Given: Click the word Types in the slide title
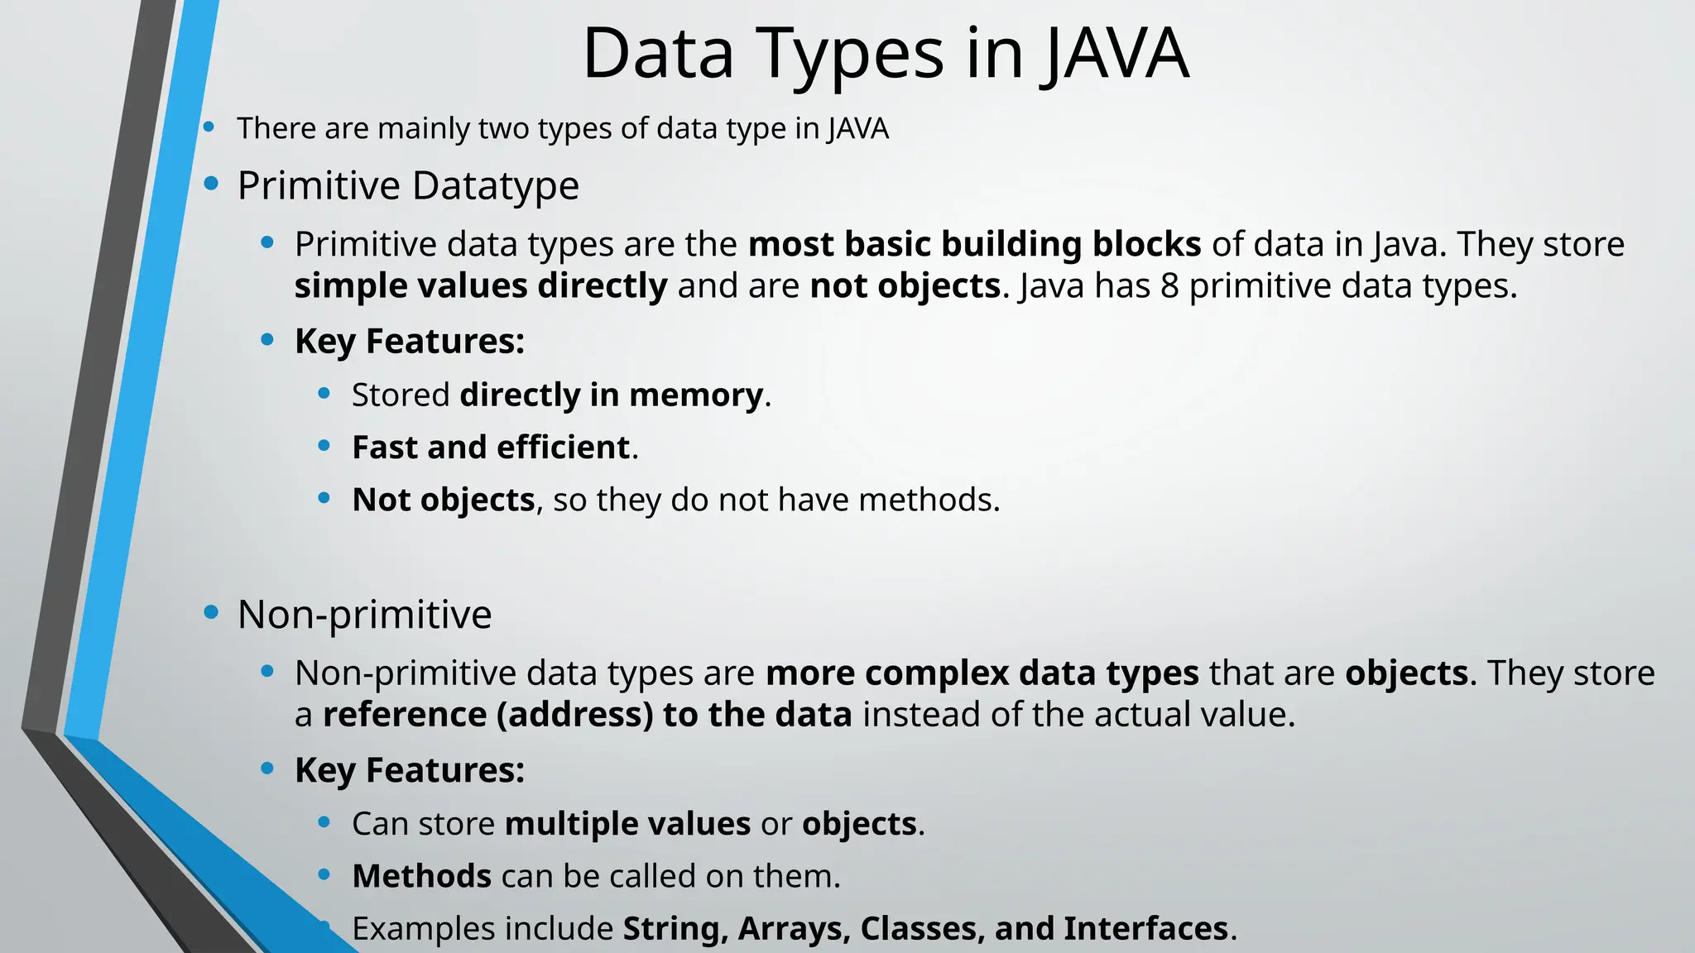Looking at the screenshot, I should pos(852,54).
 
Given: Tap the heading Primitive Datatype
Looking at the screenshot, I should pos(408,185).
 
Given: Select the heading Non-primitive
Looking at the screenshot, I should pos(364,614).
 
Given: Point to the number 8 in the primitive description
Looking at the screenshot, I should pos(1169,286).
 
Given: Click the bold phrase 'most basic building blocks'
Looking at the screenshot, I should pos(974,245).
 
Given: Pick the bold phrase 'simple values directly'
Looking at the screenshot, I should pos(480,286).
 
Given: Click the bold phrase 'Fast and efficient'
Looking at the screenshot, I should pos(491,448).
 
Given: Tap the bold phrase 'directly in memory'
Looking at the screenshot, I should pos(611,395).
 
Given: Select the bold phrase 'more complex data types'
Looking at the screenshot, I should pos(982,673).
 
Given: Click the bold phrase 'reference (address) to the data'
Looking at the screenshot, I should pos(587,715).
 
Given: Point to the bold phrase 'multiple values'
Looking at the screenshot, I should pos(627,824).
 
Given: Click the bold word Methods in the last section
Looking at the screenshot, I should pos(421,876).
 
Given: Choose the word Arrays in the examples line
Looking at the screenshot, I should pos(793,928).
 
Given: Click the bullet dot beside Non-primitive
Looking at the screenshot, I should pos(211,612).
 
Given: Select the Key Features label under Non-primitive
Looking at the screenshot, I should pos(410,770).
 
